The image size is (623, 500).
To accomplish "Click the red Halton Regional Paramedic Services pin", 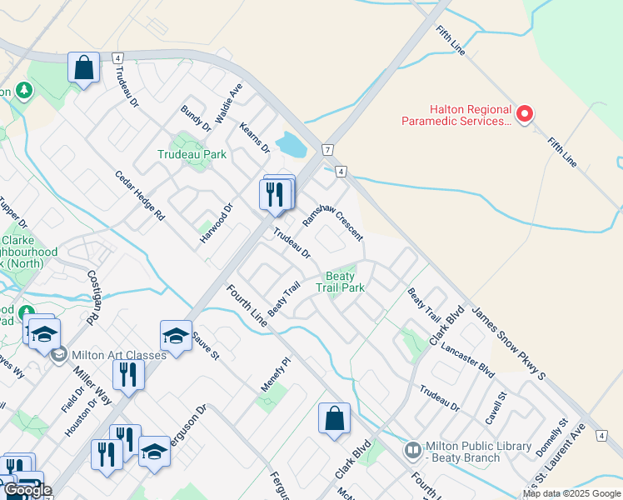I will (x=525, y=114).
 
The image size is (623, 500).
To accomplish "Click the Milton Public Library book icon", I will (x=413, y=451).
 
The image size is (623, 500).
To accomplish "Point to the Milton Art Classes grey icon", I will (x=58, y=355).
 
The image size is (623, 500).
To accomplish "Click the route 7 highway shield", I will (x=328, y=149).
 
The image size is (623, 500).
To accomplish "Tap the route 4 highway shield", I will (x=341, y=172).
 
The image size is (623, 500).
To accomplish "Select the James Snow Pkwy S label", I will (x=508, y=345).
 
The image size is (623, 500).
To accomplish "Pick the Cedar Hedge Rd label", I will (x=140, y=196).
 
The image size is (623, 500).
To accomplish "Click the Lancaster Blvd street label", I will (x=468, y=361).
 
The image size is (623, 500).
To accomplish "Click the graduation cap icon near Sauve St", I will (x=176, y=336).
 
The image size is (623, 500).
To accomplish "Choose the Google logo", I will (x=27, y=491).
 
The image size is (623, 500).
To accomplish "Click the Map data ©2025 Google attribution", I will (x=571, y=493).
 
